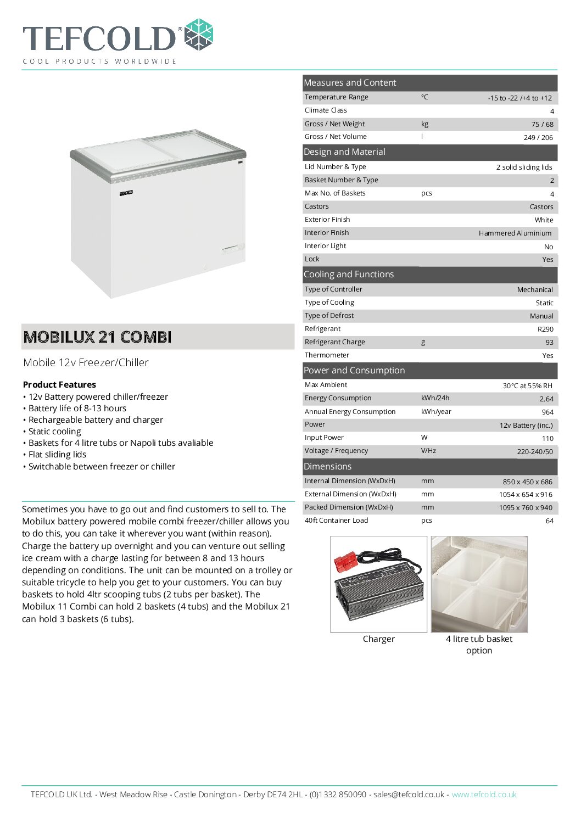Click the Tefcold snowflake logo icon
(x=198, y=35)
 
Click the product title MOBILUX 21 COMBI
(x=97, y=337)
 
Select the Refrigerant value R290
(x=545, y=329)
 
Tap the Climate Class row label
(x=326, y=110)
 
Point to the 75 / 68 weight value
(x=542, y=125)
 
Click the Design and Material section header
(x=344, y=152)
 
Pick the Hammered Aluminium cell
(x=515, y=233)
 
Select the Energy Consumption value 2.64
(x=546, y=399)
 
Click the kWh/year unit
(x=436, y=412)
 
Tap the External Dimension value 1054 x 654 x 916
(x=526, y=495)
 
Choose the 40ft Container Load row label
(x=336, y=521)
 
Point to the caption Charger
(x=378, y=639)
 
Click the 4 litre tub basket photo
(x=479, y=584)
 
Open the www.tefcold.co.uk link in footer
(x=484, y=795)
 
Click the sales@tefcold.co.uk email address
(x=409, y=795)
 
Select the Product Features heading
(x=59, y=385)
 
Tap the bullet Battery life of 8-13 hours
(x=77, y=409)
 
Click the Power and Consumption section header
(x=354, y=371)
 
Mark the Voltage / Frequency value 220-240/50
(x=535, y=452)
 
